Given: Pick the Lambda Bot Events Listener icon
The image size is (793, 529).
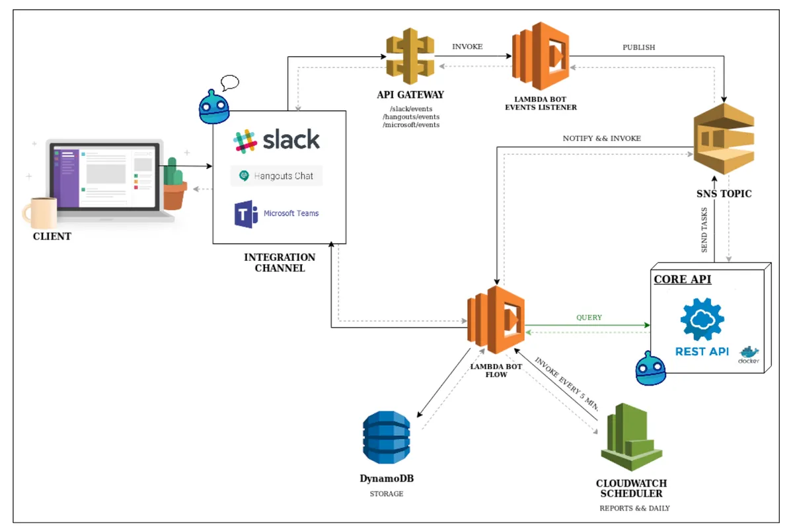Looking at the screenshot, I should point(541,57).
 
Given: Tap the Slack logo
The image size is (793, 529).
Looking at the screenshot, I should point(277,140).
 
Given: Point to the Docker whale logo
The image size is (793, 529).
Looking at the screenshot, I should point(749,354).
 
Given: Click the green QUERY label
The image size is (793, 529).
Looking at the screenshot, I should point(589,318).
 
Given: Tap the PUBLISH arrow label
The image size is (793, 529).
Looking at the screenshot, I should point(638,48).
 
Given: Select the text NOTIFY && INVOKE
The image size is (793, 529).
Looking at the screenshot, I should point(601,138).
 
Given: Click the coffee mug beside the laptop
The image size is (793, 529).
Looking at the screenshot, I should point(39,213).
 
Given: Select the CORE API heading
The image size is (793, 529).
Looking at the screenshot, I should point(682,279).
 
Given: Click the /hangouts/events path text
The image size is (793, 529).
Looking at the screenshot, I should point(410,116).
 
